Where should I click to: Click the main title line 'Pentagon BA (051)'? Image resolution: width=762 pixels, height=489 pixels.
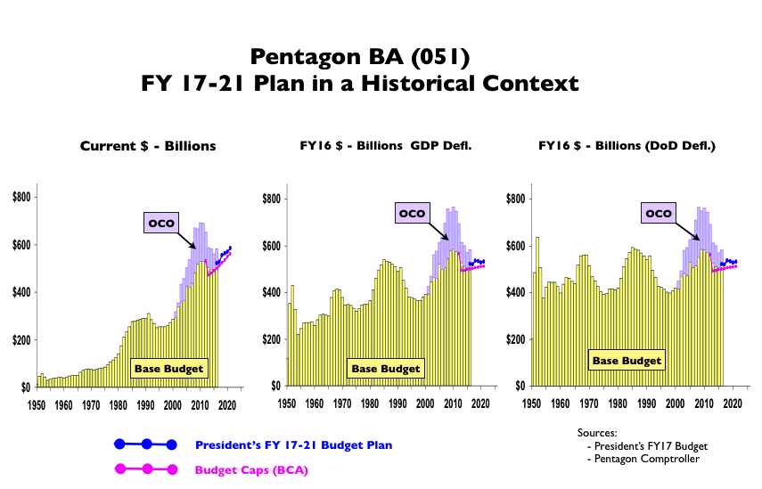[x=360, y=57]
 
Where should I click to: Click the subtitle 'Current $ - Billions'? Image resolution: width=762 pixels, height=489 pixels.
[x=148, y=146]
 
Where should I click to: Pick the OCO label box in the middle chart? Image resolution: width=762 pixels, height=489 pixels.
[x=413, y=213]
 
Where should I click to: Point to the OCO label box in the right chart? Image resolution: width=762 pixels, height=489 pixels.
[x=659, y=213]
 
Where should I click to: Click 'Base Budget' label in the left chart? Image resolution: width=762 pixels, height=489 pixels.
[x=168, y=368]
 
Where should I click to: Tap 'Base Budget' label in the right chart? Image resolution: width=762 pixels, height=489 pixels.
[x=627, y=361]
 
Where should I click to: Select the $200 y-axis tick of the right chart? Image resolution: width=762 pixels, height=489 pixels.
[x=515, y=340]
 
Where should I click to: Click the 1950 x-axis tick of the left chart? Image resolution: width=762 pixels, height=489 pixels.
[x=37, y=403]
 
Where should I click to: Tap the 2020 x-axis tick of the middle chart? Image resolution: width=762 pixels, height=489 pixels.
[x=479, y=403]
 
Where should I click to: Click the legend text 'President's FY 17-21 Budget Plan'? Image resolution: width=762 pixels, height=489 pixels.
[x=293, y=444]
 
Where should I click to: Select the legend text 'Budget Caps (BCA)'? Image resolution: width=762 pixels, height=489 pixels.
[x=251, y=469]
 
